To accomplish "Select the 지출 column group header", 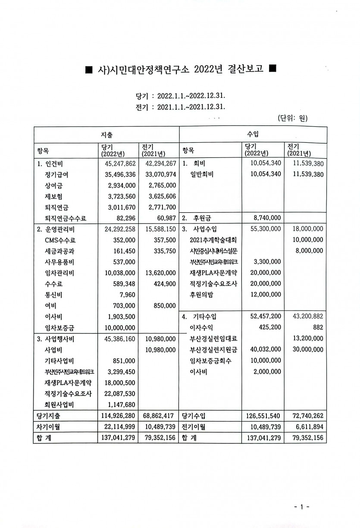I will [x=106, y=135].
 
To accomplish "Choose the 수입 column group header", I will [x=253, y=135].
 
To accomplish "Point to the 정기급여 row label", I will [x=56, y=174].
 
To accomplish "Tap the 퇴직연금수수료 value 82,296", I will [x=125, y=218].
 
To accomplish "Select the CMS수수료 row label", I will [x=59, y=240].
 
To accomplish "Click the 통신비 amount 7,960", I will [x=127, y=294].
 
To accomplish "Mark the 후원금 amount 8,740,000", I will [x=265, y=218].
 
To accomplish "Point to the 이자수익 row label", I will [x=204, y=327].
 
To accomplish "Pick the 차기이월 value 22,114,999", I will [x=118, y=427].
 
